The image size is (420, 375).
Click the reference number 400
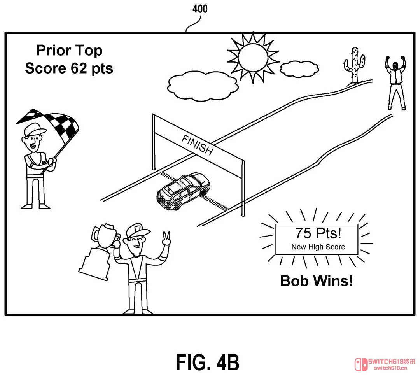[200, 9]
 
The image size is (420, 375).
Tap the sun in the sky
[253, 58]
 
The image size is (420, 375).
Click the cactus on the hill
[354, 65]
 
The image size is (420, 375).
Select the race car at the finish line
[183, 191]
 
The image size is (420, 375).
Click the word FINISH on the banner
[198, 145]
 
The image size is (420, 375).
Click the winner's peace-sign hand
[166, 239]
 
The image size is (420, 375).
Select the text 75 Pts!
[318, 233]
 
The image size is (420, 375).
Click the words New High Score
[318, 247]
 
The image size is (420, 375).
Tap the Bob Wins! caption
[316, 281]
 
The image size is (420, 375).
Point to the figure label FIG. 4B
[207, 362]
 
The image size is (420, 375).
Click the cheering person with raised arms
[395, 82]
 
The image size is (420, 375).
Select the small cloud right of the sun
[299, 69]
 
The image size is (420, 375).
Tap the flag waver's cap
[34, 130]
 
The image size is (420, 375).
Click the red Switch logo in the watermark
[361, 365]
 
